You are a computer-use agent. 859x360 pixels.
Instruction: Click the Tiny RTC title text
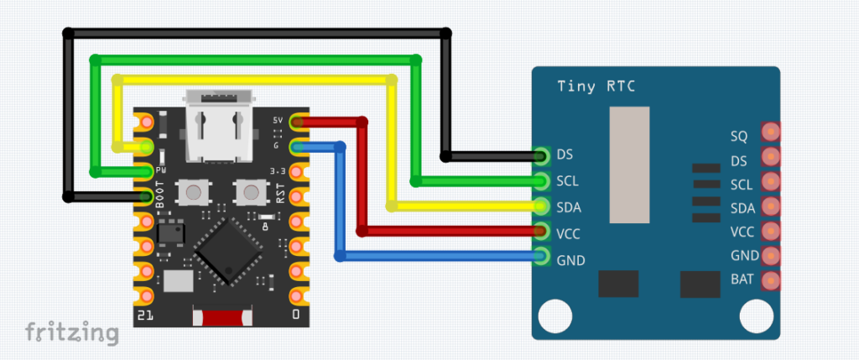[595, 87]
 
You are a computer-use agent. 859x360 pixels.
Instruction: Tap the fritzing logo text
[71, 331]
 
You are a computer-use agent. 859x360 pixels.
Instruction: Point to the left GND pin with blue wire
[541, 258]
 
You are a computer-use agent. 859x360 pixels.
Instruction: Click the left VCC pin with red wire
[541, 232]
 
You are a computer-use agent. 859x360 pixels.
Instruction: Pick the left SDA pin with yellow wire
[541, 206]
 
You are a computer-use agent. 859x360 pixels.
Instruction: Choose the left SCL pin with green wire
[541, 180]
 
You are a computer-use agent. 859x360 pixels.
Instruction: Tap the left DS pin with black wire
[541, 155]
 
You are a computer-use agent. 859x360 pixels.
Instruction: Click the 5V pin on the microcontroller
[296, 123]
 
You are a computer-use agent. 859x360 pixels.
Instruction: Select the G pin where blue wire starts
[296, 148]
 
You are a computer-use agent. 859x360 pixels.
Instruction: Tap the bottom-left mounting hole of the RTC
[552, 317]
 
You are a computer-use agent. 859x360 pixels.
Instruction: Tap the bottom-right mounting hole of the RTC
[755, 317]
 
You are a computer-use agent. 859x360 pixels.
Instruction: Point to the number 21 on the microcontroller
[145, 315]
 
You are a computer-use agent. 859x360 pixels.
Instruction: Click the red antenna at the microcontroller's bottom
[222, 319]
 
